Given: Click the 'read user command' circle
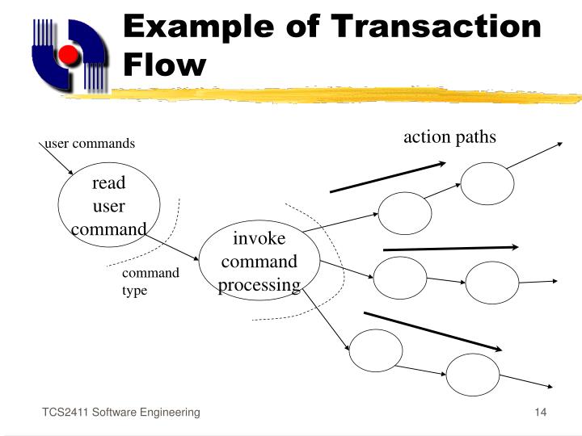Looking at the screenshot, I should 108,206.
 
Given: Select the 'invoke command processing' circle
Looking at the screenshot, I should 259,262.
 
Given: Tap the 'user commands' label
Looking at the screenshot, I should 90,144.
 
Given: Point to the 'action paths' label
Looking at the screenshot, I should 449,136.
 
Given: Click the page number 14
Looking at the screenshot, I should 541,413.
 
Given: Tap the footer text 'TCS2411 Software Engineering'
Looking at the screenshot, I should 121,413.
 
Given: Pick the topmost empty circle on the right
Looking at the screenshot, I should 487,183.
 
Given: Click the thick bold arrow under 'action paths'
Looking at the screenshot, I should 388,177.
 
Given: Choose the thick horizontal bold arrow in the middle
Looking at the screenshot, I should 450,248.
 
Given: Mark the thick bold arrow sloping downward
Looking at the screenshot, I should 433,331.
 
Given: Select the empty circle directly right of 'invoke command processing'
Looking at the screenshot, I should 400,278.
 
